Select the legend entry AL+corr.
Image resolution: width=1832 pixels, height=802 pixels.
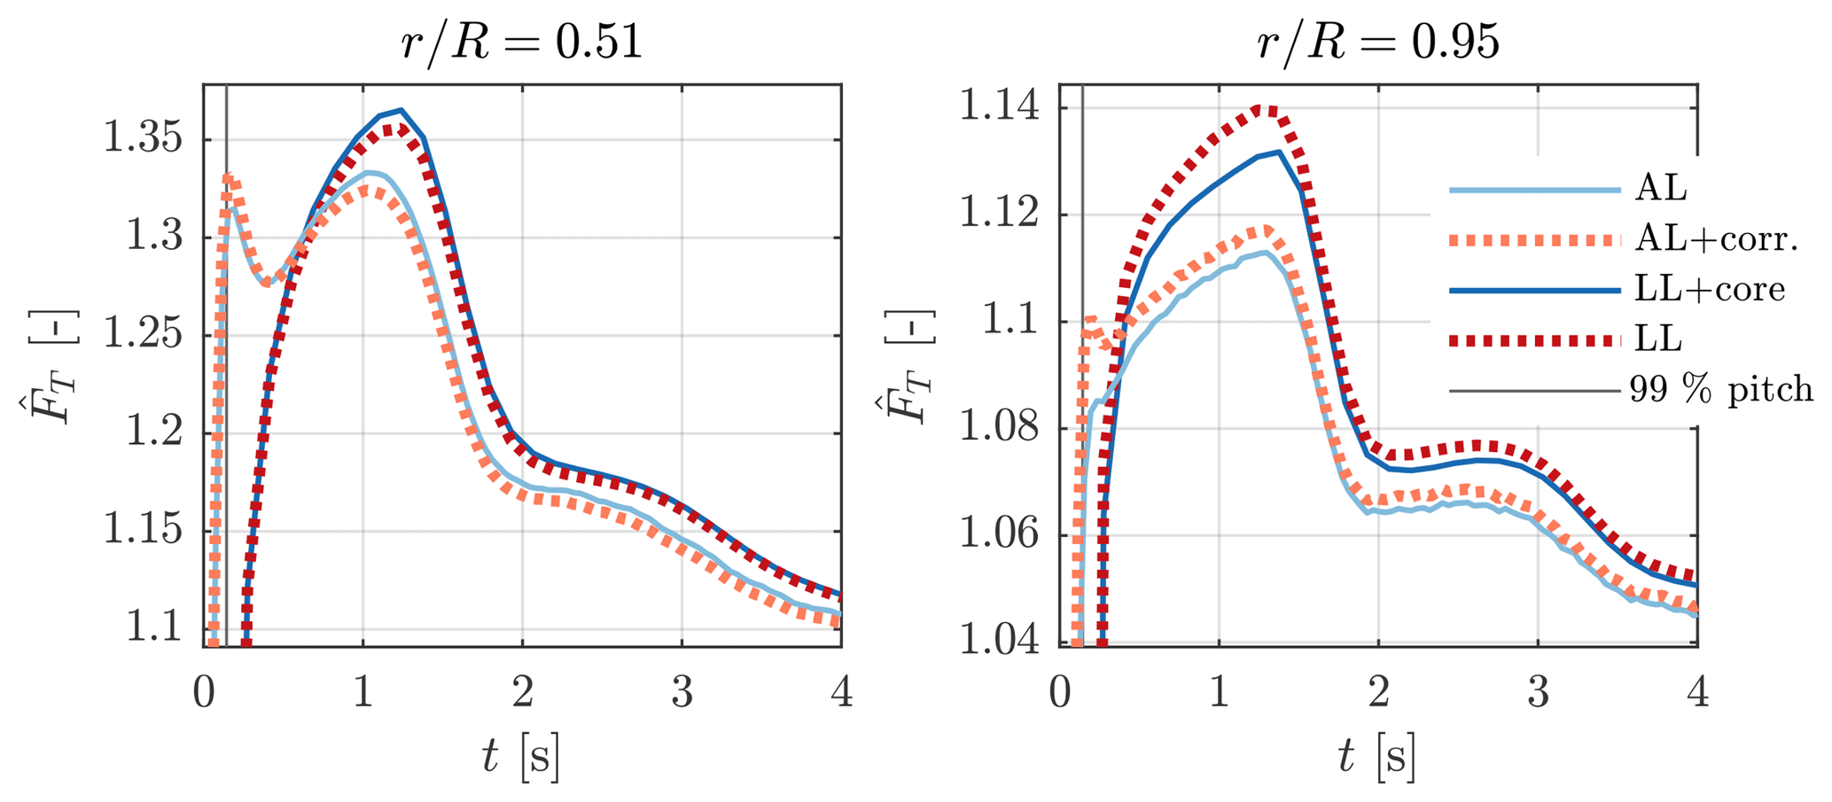point(1716,239)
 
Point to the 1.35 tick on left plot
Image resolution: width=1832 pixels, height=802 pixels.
point(149,140)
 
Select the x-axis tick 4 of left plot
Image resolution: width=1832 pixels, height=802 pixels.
point(841,693)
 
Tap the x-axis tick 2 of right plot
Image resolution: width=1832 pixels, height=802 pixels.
point(1378,693)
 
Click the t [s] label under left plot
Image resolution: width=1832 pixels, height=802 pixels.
point(521,759)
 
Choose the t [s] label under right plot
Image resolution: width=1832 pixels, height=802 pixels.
point(1377,759)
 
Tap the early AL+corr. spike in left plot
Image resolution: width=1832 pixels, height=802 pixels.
point(228,177)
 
